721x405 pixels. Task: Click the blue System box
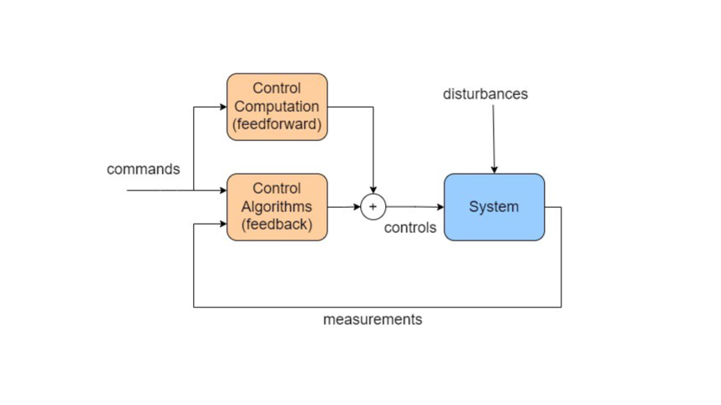(x=494, y=207)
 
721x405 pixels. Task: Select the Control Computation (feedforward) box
(x=277, y=107)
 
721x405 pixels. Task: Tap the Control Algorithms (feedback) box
(x=277, y=207)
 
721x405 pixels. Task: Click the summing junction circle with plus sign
(x=373, y=207)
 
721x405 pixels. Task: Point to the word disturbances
(x=485, y=94)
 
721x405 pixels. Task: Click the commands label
(x=143, y=169)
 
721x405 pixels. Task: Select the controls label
(x=410, y=227)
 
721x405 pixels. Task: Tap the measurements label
(x=373, y=319)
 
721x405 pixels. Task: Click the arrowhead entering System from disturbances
(x=494, y=170)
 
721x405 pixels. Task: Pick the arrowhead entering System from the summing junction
(x=439, y=207)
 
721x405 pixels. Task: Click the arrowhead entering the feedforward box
(x=222, y=107)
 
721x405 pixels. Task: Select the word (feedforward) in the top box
(x=277, y=125)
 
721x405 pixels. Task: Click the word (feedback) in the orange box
(x=277, y=225)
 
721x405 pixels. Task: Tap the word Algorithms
(x=277, y=206)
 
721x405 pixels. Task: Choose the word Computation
(x=277, y=107)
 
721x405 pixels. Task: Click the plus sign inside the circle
(x=373, y=207)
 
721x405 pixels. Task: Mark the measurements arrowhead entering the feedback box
(x=222, y=224)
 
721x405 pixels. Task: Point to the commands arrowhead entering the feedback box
(x=222, y=190)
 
